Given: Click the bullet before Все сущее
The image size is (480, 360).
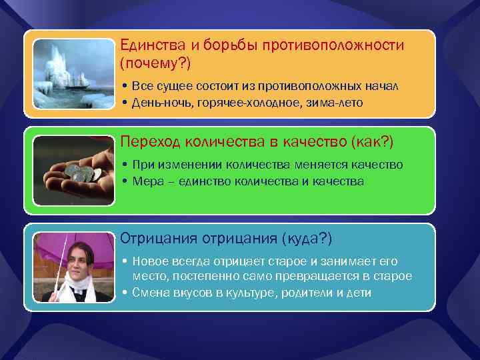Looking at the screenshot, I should coord(125,87).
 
